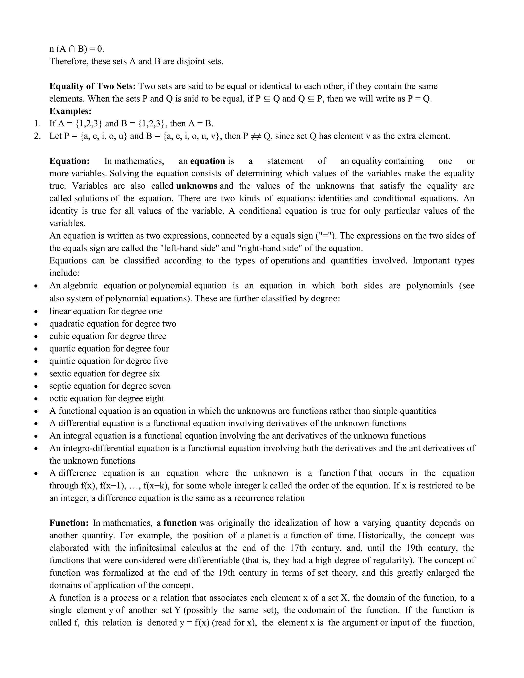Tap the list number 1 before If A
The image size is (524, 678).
37,124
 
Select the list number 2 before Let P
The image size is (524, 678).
37,136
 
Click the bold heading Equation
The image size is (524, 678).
70,161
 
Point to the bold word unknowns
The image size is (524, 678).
196,186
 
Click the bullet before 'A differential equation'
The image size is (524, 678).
37,424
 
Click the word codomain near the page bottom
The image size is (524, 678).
316,610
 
